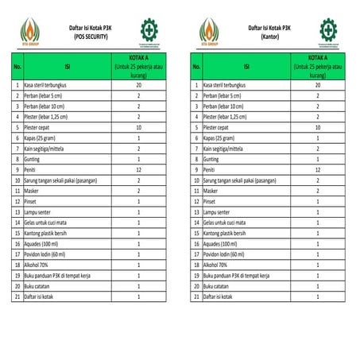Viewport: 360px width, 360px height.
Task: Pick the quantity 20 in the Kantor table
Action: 318,84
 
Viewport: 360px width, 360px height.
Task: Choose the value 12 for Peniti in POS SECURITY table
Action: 138,169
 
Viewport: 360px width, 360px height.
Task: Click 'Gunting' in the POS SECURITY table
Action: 33,159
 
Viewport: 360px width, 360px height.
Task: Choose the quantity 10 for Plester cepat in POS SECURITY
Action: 138,127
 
